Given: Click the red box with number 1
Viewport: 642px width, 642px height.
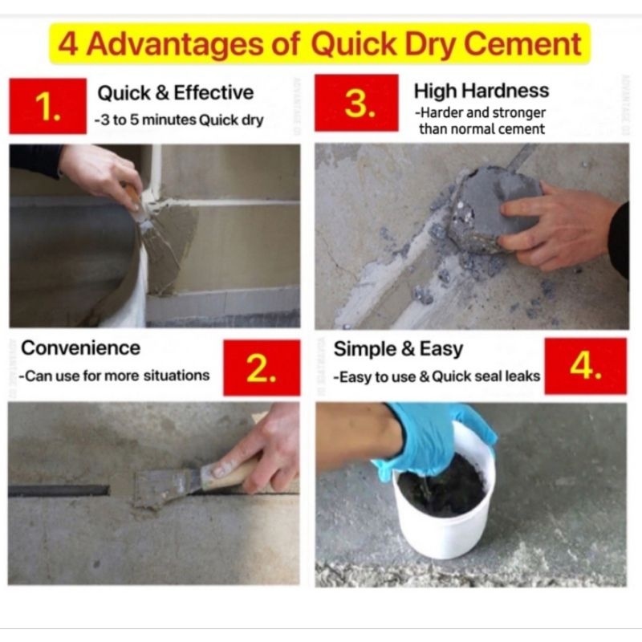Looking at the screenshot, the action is click(47, 106).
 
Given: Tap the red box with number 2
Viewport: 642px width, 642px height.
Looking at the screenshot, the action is click(262, 368).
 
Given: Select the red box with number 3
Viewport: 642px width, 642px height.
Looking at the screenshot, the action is click(356, 103).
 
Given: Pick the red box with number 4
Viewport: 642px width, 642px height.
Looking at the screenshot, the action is click(586, 366).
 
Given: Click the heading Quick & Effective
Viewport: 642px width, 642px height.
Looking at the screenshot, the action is click(175, 93).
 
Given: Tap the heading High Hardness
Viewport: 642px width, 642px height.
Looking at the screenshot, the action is click(481, 91).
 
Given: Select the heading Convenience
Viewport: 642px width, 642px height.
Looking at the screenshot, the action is click(81, 348).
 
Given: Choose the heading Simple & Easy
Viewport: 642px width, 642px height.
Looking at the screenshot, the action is click(398, 349).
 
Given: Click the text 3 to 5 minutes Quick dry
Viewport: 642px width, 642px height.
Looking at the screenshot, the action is click(179, 120).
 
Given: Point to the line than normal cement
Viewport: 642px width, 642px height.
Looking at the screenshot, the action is click(481, 129).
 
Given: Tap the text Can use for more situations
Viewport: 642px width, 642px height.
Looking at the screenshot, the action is click(114, 376).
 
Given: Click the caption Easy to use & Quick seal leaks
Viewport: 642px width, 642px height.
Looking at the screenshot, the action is click(437, 376).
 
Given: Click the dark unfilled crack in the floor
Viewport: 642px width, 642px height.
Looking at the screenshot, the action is click(59, 490).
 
